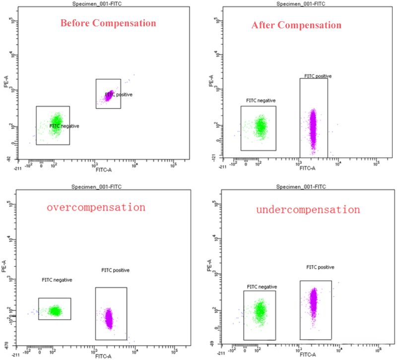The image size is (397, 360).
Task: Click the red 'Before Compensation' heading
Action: point(108,23)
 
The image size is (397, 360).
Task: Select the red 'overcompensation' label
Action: point(96,207)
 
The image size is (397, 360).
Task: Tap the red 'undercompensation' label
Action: point(308,209)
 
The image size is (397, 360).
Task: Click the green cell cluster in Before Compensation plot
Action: point(56,122)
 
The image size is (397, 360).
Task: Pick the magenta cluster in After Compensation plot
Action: point(313,126)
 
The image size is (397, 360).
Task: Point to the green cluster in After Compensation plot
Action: point(260,126)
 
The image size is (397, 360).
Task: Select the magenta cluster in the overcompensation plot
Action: point(108,317)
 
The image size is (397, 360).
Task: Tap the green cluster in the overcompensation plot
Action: point(55,311)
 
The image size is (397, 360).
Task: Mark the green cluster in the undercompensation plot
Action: point(260,311)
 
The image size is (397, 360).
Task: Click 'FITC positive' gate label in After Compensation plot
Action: point(318,76)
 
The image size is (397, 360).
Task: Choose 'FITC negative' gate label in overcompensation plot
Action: point(57,280)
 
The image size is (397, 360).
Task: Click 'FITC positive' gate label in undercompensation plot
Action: point(320,267)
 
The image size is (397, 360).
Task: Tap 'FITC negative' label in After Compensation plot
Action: point(261,100)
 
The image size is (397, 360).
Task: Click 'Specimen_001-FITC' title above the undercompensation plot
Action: point(303,187)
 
